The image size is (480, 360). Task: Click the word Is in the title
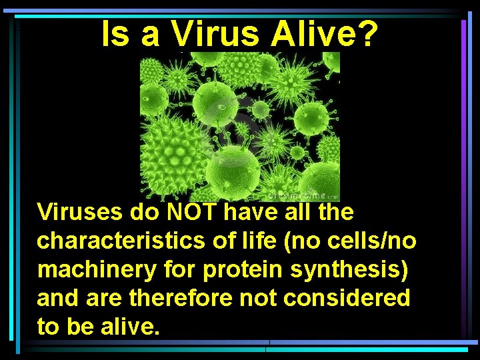click(115, 34)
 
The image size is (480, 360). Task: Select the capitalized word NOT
click(192, 213)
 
